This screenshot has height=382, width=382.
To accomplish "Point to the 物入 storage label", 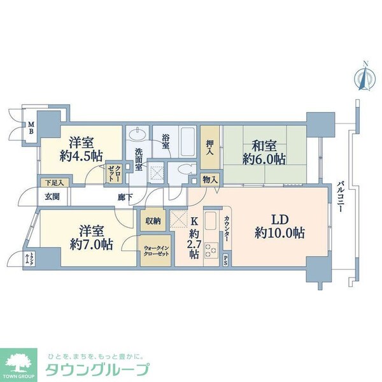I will point(210,181).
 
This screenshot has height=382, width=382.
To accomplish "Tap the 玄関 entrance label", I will point(52,197).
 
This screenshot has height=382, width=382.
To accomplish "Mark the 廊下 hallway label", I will point(125,197).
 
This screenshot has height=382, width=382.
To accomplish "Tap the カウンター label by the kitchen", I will point(227,229).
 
